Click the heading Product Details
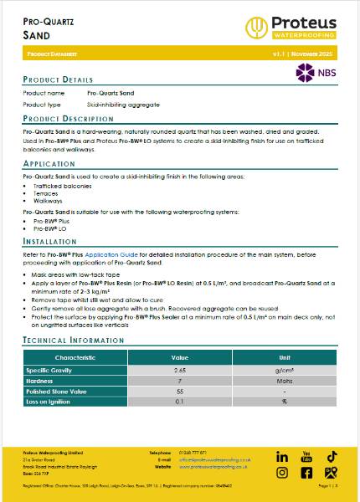click(x=58, y=79)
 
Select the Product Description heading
click(x=68, y=120)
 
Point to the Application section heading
click(x=49, y=164)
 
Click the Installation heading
click(x=50, y=240)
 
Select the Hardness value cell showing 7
click(x=178, y=380)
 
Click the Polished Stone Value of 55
click(x=178, y=391)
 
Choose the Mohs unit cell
click(x=285, y=380)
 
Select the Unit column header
click(x=285, y=356)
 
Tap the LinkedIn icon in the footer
click(x=282, y=457)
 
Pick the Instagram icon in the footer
click(x=282, y=473)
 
